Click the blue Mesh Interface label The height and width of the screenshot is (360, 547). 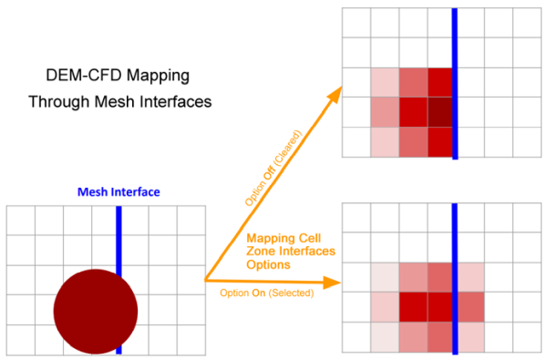(118, 192)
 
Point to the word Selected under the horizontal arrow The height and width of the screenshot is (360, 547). (292, 293)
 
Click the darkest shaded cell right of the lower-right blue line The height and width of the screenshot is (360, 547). (470, 306)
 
